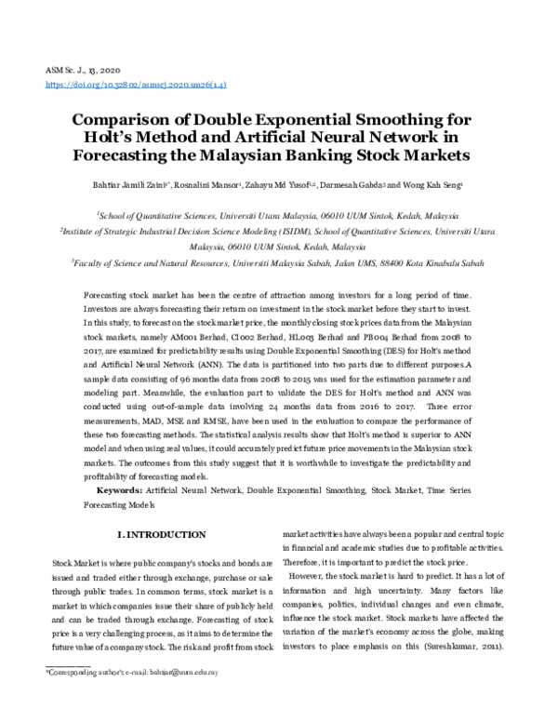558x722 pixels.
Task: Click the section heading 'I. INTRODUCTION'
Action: [159, 535]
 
